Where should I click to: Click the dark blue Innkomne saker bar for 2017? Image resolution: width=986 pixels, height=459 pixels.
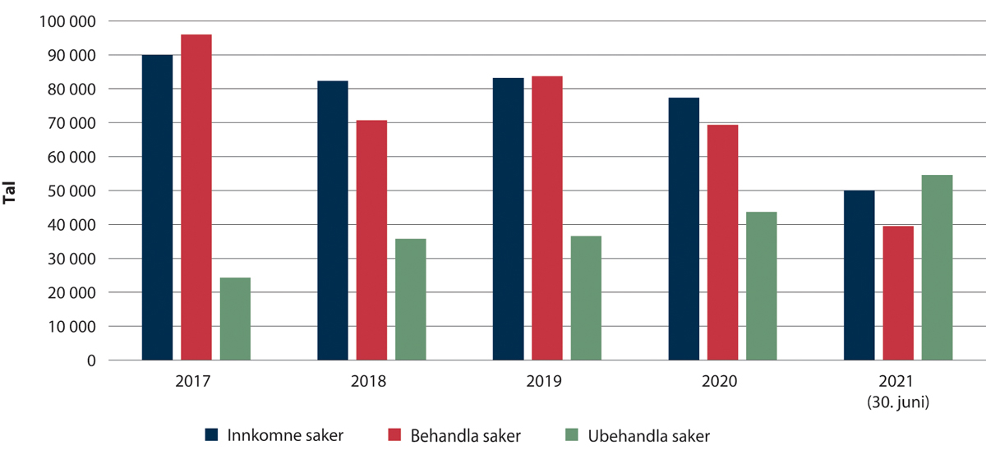(157, 208)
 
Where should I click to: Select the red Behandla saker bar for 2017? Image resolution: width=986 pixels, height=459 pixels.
(196, 197)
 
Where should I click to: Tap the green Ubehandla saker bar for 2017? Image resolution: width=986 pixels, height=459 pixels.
(235, 319)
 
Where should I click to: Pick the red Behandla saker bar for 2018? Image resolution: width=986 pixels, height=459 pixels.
(371, 240)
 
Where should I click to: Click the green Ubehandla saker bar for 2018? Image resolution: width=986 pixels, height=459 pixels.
(410, 299)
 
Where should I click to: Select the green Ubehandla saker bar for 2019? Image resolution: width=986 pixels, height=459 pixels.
(586, 298)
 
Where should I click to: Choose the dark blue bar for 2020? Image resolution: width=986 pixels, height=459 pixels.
(684, 229)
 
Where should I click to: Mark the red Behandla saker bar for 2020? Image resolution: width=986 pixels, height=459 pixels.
(722, 242)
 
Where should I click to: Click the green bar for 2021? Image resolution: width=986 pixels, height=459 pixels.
(937, 268)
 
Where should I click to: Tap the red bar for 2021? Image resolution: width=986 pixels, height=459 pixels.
(898, 293)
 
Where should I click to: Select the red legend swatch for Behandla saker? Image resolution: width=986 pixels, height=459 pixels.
(394, 436)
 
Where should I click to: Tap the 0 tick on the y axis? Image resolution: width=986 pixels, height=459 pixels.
(91, 360)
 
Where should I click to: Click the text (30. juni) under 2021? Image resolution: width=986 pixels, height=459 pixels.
(898, 402)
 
